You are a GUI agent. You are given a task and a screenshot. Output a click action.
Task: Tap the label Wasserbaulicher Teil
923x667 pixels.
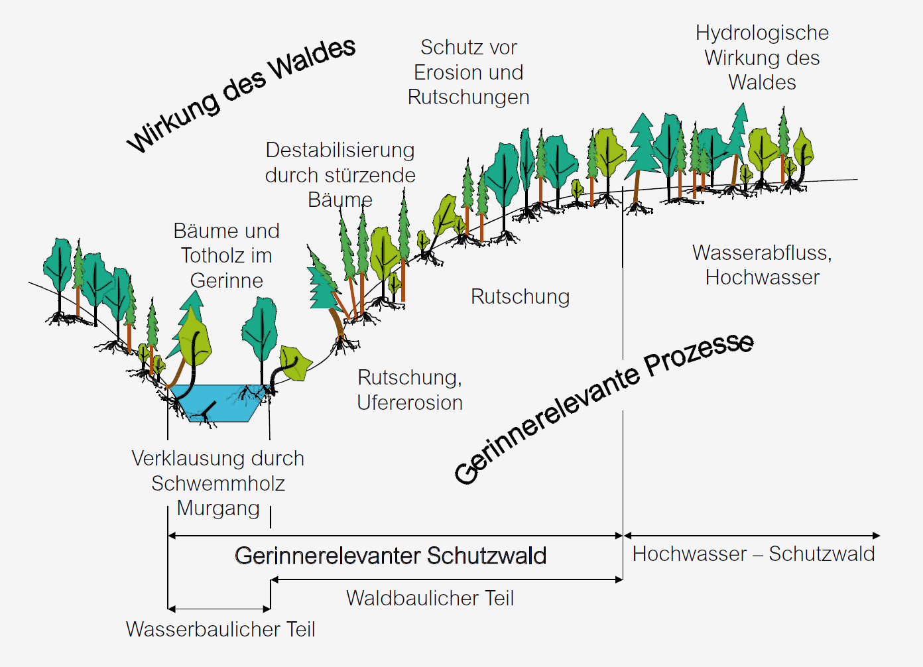point(220,629)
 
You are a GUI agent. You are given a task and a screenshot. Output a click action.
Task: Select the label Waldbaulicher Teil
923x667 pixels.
point(430,598)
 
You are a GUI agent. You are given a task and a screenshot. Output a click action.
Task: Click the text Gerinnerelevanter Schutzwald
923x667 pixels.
point(391,556)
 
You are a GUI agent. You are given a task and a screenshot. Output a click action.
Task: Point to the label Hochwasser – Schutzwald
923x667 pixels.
point(753,554)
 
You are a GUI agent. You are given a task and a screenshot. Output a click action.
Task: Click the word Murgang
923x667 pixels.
point(218,509)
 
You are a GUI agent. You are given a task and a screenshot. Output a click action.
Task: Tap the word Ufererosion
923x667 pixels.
point(410,402)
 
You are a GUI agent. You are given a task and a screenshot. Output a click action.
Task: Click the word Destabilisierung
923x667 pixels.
point(340,151)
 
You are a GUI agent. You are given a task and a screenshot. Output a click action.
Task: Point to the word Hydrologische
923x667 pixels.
point(762,33)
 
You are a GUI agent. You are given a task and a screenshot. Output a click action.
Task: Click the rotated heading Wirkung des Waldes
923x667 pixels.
point(241,94)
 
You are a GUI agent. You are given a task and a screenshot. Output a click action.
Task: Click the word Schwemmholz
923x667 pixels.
point(218,483)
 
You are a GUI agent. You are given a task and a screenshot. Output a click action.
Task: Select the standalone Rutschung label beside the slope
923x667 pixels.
point(520,296)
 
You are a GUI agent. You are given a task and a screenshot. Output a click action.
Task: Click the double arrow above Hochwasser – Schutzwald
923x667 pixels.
point(752,535)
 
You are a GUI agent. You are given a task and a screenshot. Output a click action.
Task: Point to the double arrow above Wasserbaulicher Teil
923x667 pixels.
point(219,608)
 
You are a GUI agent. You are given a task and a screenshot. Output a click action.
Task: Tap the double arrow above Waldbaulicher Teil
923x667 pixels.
point(446,579)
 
